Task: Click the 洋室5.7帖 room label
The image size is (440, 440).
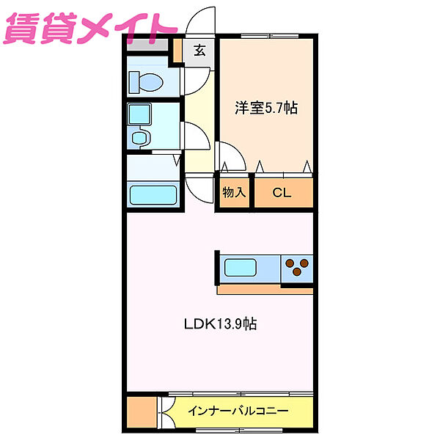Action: (x=266, y=108)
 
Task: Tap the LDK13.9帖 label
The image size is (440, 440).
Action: (x=220, y=324)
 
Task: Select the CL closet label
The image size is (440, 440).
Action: (x=282, y=193)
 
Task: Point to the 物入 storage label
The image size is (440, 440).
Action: (x=234, y=192)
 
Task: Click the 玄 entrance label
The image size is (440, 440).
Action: (x=199, y=51)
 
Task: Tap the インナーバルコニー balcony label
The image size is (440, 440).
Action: (x=238, y=411)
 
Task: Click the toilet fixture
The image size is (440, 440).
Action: (x=146, y=82)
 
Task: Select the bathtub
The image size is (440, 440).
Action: (x=153, y=195)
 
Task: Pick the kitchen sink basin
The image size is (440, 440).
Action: (x=241, y=268)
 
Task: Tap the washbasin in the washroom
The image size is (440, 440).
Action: (x=139, y=138)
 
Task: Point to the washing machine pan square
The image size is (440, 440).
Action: (x=139, y=114)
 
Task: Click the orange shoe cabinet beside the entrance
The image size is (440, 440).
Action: (x=177, y=51)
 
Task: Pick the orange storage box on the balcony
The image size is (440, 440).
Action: (x=142, y=412)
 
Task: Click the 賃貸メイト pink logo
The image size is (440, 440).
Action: (x=89, y=28)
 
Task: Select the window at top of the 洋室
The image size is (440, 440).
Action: (x=270, y=36)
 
